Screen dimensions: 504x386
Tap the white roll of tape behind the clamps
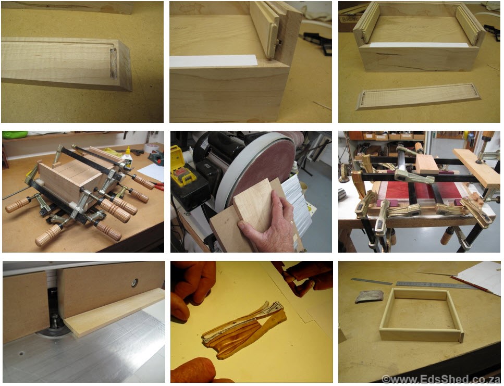(149, 148)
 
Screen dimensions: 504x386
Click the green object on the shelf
(15, 134)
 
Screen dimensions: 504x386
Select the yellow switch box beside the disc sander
(183, 170)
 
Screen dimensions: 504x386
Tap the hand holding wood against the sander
(269, 222)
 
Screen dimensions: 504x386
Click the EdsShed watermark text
(441, 379)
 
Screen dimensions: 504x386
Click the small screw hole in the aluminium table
(21, 354)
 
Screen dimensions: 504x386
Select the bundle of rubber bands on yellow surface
(244, 329)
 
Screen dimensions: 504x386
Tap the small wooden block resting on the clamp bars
(426, 164)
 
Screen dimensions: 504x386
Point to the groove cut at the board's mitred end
(113, 63)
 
